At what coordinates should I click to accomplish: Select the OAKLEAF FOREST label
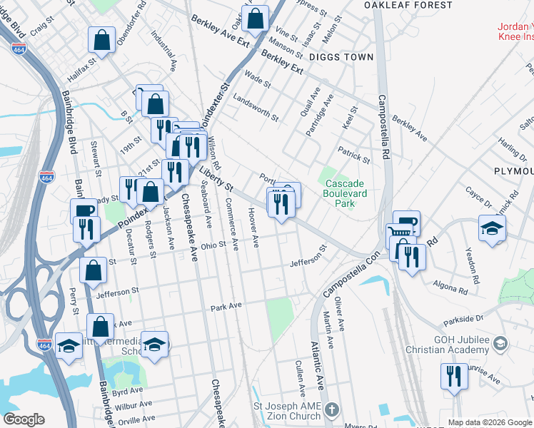[408, 5]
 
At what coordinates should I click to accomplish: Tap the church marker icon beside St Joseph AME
[331, 410]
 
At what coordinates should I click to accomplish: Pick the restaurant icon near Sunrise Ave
[453, 375]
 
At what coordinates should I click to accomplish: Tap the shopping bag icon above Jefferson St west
[93, 270]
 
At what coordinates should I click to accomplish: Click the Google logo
[24, 419]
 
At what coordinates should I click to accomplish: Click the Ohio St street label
[213, 246]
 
